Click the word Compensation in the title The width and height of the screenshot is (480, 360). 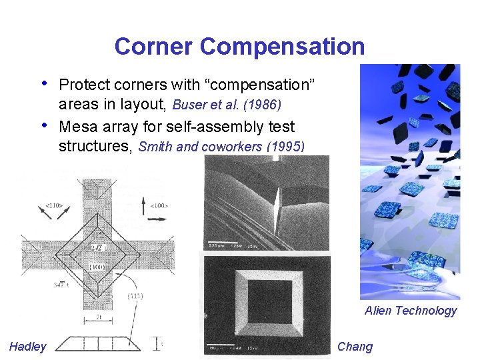point(282,47)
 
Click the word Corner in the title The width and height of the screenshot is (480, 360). point(154,47)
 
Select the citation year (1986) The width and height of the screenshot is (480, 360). point(268,105)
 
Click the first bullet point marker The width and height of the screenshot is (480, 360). point(44,84)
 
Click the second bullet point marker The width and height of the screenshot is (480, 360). point(44,125)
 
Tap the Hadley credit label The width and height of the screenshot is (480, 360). point(28,346)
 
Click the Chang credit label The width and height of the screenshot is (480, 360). point(355,346)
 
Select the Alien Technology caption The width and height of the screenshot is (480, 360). point(411,310)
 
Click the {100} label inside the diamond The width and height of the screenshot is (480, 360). point(97,267)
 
